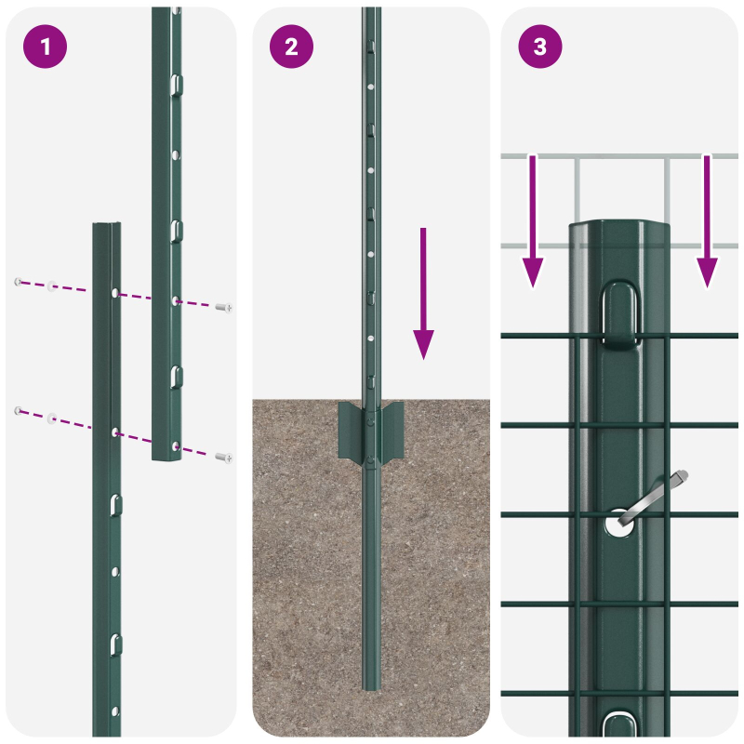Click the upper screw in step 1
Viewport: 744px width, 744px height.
[x=223, y=307]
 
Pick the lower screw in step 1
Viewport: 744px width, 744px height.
[x=223, y=457]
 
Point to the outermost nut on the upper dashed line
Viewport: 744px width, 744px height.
[x=18, y=281]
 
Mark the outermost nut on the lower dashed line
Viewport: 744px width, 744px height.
[x=18, y=410]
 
